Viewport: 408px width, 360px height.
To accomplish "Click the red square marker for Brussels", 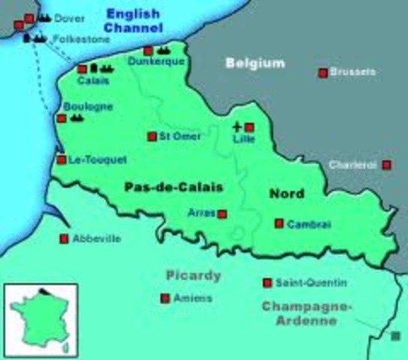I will coord(323,73).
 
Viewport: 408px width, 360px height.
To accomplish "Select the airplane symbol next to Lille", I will coord(238,127).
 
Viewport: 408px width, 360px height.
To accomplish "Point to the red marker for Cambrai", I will coord(279,223).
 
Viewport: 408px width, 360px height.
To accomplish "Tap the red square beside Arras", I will coord(222,213).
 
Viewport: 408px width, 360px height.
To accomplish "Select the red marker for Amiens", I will coord(165,298).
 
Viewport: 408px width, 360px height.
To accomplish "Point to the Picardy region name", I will coord(193,275).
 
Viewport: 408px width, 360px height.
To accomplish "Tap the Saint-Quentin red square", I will coord(267,283).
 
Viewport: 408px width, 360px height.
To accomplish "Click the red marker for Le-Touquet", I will coord(61,160).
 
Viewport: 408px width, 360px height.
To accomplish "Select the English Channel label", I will coord(134,20).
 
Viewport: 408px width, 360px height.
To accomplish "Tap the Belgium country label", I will coord(256,63).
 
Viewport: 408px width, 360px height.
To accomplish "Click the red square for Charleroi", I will coord(386,165).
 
